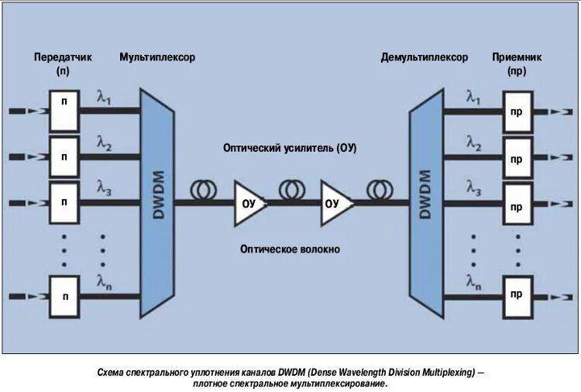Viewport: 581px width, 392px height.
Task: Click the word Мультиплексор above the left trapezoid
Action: tap(157, 57)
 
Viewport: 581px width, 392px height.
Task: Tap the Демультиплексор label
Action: tap(425, 57)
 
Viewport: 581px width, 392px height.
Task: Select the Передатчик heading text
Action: tap(64, 57)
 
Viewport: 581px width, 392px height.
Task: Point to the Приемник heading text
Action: tap(517, 57)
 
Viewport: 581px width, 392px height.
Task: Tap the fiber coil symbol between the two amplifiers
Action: tap(293, 189)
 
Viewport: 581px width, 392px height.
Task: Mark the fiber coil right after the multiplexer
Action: tap(205, 189)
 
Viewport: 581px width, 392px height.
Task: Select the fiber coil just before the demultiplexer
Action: tap(380, 189)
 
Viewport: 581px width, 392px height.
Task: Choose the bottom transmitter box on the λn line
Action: tap(65, 295)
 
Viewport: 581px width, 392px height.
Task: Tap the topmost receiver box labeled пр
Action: tap(517, 111)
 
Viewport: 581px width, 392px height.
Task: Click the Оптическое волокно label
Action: tap(290, 249)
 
